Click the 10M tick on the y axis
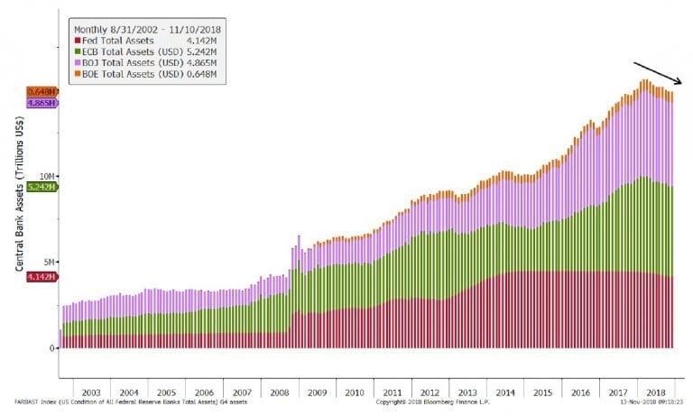pyautogui.click(x=50, y=176)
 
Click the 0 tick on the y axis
pyautogui.click(x=53, y=347)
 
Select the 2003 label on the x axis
pyautogui.click(x=91, y=393)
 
